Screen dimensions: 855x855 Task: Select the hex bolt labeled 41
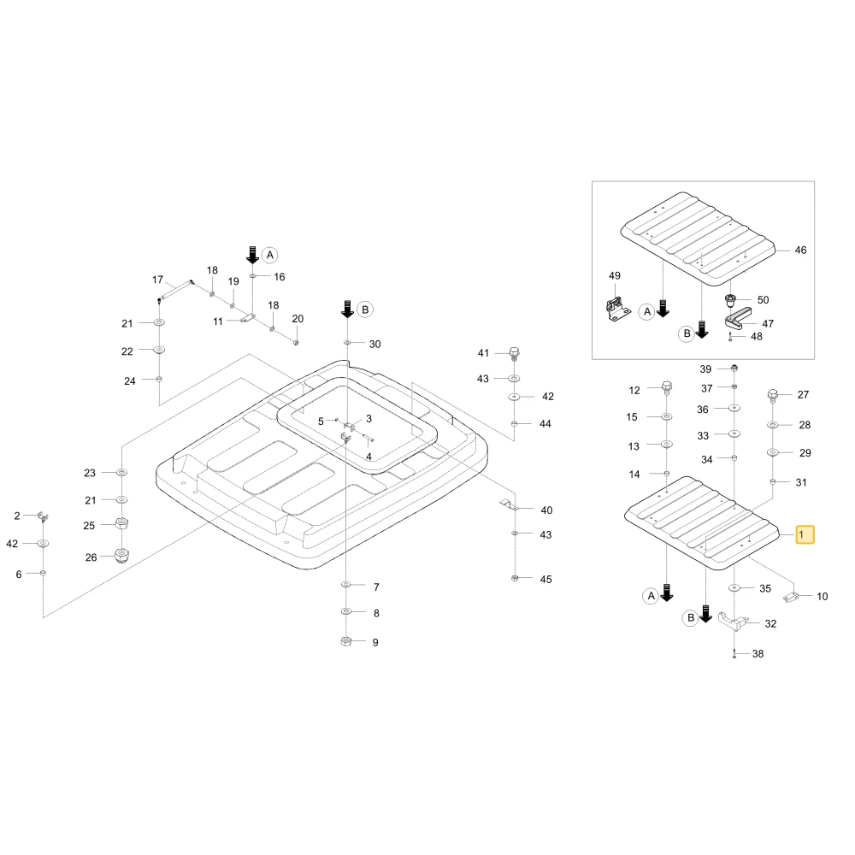tap(514, 353)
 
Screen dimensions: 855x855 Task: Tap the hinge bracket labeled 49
tap(618, 308)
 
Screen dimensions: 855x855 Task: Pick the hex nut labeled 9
tap(345, 641)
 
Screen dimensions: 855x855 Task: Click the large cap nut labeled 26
tap(122, 556)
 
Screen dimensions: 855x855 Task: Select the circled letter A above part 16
tap(269, 255)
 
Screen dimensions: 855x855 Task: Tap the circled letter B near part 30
tap(365, 310)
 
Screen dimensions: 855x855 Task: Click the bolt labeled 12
tap(666, 388)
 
